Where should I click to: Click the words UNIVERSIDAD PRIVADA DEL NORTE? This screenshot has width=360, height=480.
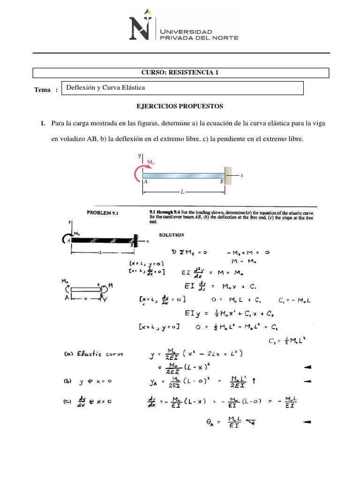(x=199, y=34)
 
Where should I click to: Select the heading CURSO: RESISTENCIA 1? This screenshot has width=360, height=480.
(x=180, y=72)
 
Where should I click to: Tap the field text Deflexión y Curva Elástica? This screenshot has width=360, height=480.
(x=105, y=88)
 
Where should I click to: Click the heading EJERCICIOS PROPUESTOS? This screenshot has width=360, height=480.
(x=180, y=106)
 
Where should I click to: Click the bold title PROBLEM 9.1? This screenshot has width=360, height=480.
(x=104, y=212)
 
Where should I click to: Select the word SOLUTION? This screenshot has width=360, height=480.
(x=172, y=234)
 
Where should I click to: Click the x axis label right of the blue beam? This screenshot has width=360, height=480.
(x=241, y=175)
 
